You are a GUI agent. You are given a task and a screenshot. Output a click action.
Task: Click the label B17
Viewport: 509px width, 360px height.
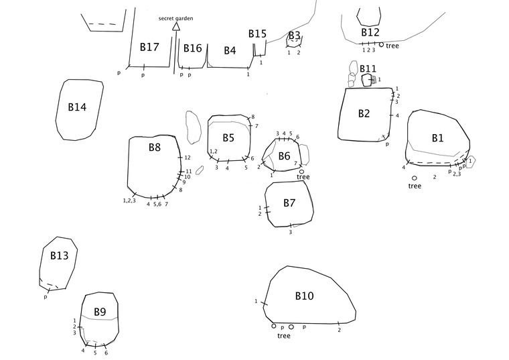tap(149, 48)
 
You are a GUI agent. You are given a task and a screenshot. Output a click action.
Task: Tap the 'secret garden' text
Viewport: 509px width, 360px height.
tap(176, 18)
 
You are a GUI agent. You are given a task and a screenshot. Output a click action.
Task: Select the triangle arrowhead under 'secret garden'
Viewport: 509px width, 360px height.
tap(176, 27)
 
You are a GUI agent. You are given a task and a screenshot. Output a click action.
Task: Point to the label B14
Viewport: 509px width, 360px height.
tap(77, 107)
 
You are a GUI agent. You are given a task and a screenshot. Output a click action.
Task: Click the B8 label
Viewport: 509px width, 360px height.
tap(154, 147)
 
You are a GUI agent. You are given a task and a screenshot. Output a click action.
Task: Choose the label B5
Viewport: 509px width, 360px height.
tap(228, 137)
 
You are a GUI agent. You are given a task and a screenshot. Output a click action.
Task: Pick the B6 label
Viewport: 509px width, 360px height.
tap(285, 156)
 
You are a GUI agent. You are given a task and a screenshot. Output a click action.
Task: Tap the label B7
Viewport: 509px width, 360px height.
tap(289, 202)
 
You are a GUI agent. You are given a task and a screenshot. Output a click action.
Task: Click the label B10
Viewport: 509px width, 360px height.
tap(305, 296)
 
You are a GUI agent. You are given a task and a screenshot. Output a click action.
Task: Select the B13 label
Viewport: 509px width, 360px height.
tap(59, 255)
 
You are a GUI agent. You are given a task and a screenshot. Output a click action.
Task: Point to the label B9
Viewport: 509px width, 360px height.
tap(100, 312)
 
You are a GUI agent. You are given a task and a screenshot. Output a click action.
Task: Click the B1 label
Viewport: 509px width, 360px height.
tap(437, 138)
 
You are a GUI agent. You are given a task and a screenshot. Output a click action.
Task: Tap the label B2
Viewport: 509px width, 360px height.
tap(364, 114)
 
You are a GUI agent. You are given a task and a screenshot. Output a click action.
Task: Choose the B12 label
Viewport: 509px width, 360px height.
tap(370, 32)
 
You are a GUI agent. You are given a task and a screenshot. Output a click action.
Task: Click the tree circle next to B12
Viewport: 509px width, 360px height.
tap(381, 45)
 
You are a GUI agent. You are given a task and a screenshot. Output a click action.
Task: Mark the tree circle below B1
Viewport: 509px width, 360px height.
tap(415, 178)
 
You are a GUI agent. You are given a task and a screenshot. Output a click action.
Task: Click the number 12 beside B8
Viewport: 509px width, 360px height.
tap(188, 158)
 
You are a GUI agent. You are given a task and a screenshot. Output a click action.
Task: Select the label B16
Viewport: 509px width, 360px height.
tap(192, 48)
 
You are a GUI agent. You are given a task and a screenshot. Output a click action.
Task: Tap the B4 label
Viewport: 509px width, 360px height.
tap(230, 50)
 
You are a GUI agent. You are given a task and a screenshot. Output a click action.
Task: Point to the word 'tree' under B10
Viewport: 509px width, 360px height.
tap(284, 336)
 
